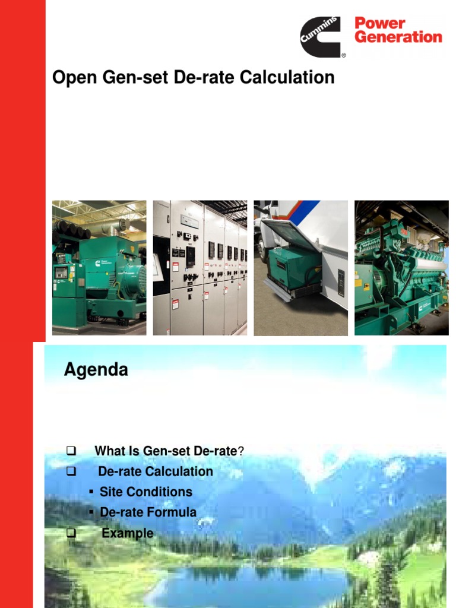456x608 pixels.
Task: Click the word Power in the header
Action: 379,24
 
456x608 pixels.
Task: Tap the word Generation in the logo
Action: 398,37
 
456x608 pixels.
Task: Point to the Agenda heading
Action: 96,370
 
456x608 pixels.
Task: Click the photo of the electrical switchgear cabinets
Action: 200,268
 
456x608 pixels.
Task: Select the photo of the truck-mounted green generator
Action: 301,268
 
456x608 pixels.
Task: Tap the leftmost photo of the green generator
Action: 99,268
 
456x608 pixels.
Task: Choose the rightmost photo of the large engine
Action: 401,268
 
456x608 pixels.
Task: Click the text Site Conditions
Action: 146,492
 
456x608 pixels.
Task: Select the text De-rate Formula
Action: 148,512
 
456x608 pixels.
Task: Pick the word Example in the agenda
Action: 127,533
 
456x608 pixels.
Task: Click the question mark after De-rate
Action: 241,451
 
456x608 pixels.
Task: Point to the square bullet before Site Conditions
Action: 91,492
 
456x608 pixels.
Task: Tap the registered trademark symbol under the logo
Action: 343,56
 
